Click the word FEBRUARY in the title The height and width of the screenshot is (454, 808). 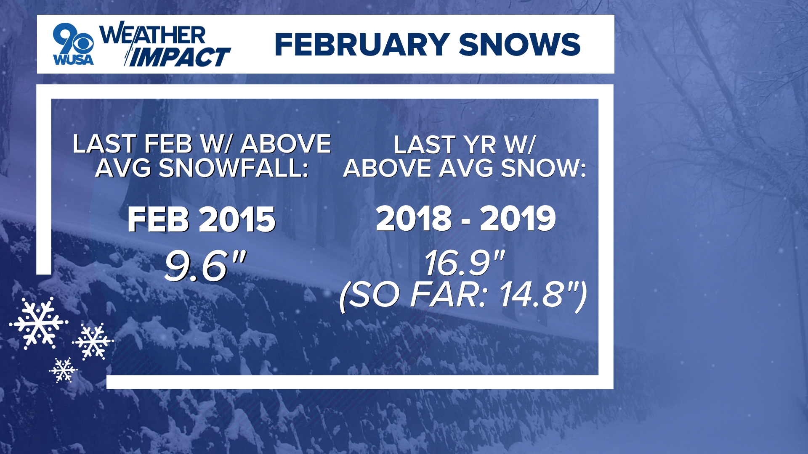pyautogui.click(x=361, y=45)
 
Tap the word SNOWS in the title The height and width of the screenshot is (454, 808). pyautogui.click(x=520, y=45)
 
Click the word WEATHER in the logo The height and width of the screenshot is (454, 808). pyautogui.click(x=152, y=34)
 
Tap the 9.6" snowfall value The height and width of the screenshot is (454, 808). pyautogui.click(x=205, y=266)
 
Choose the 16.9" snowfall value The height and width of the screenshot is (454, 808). pyautogui.click(x=464, y=264)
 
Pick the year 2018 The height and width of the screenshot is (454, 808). pyautogui.click(x=414, y=219)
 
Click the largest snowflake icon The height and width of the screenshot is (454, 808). pyautogui.click(x=38, y=323)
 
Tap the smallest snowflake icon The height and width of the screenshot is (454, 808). pyautogui.click(x=63, y=370)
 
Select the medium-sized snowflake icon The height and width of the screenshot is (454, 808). pyautogui.click(x=93, y=341)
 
